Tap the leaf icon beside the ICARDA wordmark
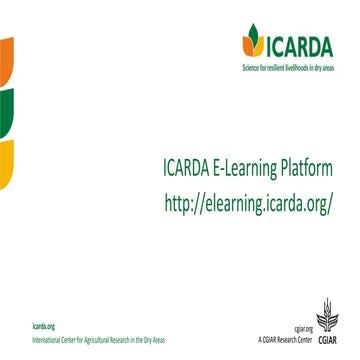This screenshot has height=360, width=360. [252, 41]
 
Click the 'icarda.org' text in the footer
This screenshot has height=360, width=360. [43, 327]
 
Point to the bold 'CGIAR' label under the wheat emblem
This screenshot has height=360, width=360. [329, 339]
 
